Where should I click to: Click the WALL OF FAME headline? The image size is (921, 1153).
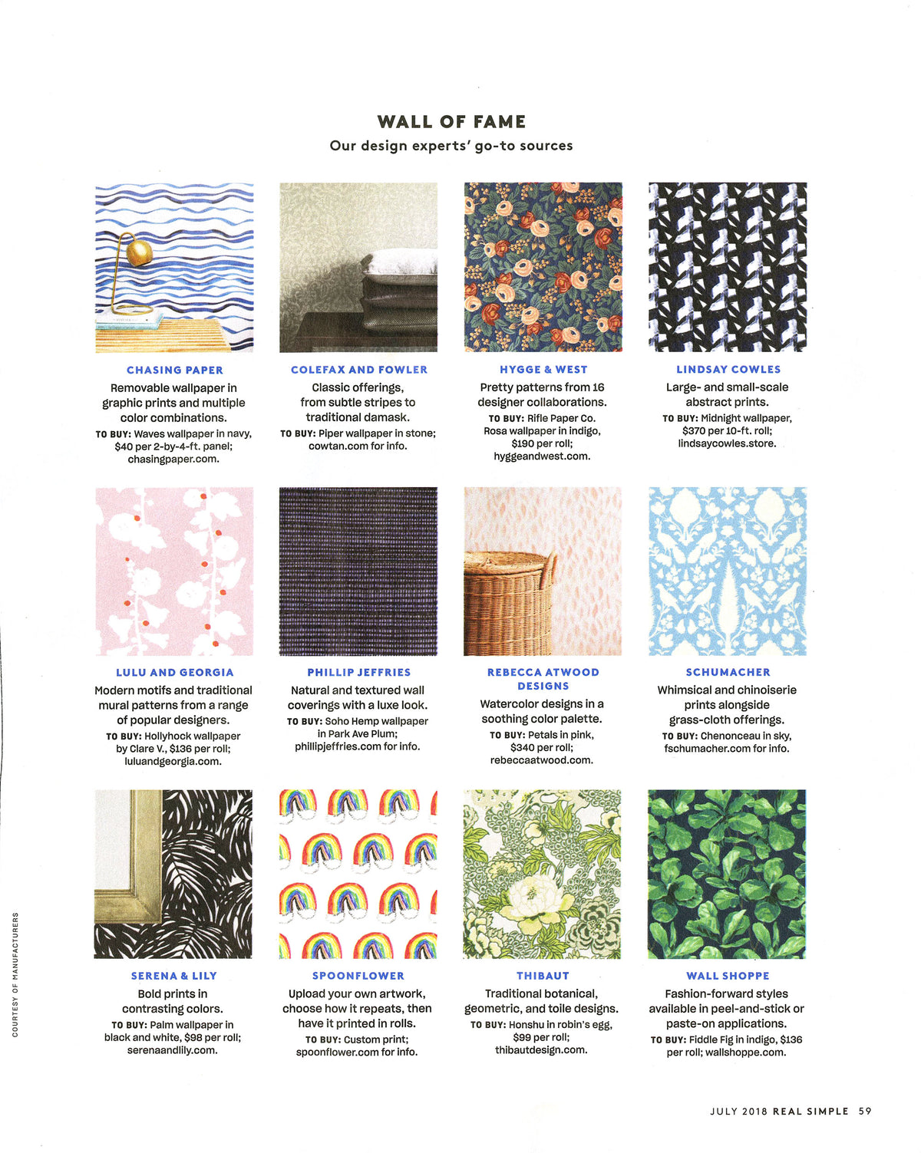coord(451,122)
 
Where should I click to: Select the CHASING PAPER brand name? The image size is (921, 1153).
coord(175,370)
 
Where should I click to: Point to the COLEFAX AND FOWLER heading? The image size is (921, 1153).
coord(359,370)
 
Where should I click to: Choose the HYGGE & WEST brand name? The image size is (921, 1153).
coord(543,370)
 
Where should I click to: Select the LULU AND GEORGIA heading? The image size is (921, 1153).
coord(175,673)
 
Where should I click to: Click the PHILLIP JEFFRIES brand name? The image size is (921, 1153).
coord(359,673)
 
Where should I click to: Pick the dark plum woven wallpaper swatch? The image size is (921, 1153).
coord(358,572)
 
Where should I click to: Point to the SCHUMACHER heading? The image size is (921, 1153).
coord(728,673)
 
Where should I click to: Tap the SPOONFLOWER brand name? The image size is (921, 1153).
coord(358,976)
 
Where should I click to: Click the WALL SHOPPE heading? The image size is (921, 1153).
coord(728,976)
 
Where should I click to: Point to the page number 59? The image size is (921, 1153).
coord(865,1111)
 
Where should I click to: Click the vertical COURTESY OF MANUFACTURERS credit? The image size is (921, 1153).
coord(15,974)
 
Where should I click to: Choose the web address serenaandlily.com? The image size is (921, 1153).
coord(173,1050)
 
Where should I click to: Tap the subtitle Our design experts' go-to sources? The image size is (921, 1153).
coord(451,146)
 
